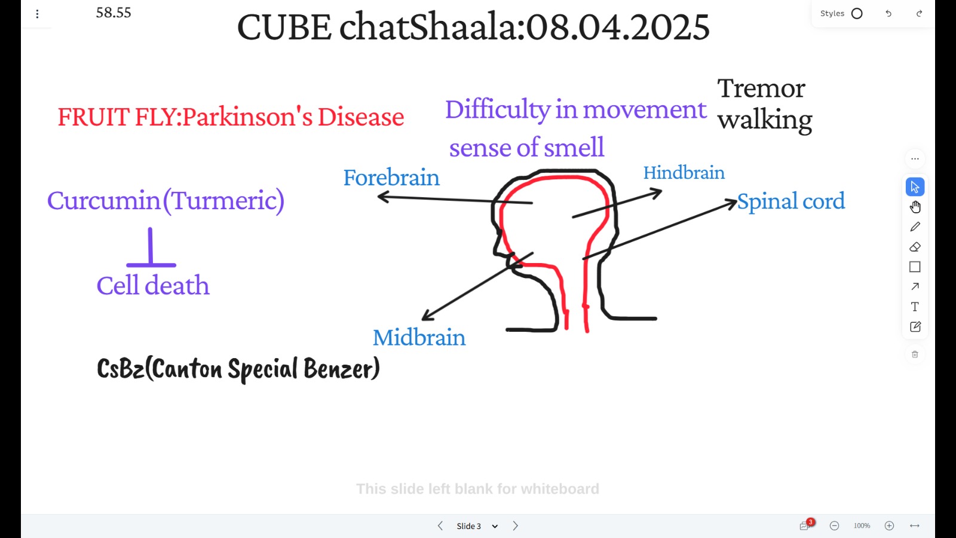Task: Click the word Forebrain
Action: [x=391, y=178]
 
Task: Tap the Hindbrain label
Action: [x=684, y=173]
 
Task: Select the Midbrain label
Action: [x=419, y=338]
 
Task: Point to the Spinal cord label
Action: [x=791, y=201]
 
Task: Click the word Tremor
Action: [x=761, y=89]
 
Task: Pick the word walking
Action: [x=765, y=120]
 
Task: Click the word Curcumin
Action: [x=104, y=201]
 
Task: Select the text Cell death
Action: [x=153, y=286]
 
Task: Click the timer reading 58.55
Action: [x=114, y=13]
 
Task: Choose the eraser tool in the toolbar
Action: [x=915, y=247]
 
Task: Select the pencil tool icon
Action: [x=915, y=227]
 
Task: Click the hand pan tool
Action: [x=915, y=207]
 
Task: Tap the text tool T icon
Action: [x=915, y=307]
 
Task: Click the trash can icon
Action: [x=915, y=354]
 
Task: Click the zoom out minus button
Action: [x=834, y=525]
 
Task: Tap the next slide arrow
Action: [x=515, y=525]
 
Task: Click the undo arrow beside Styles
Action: [x=888, y=14]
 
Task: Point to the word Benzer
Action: [x=339, y=369]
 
